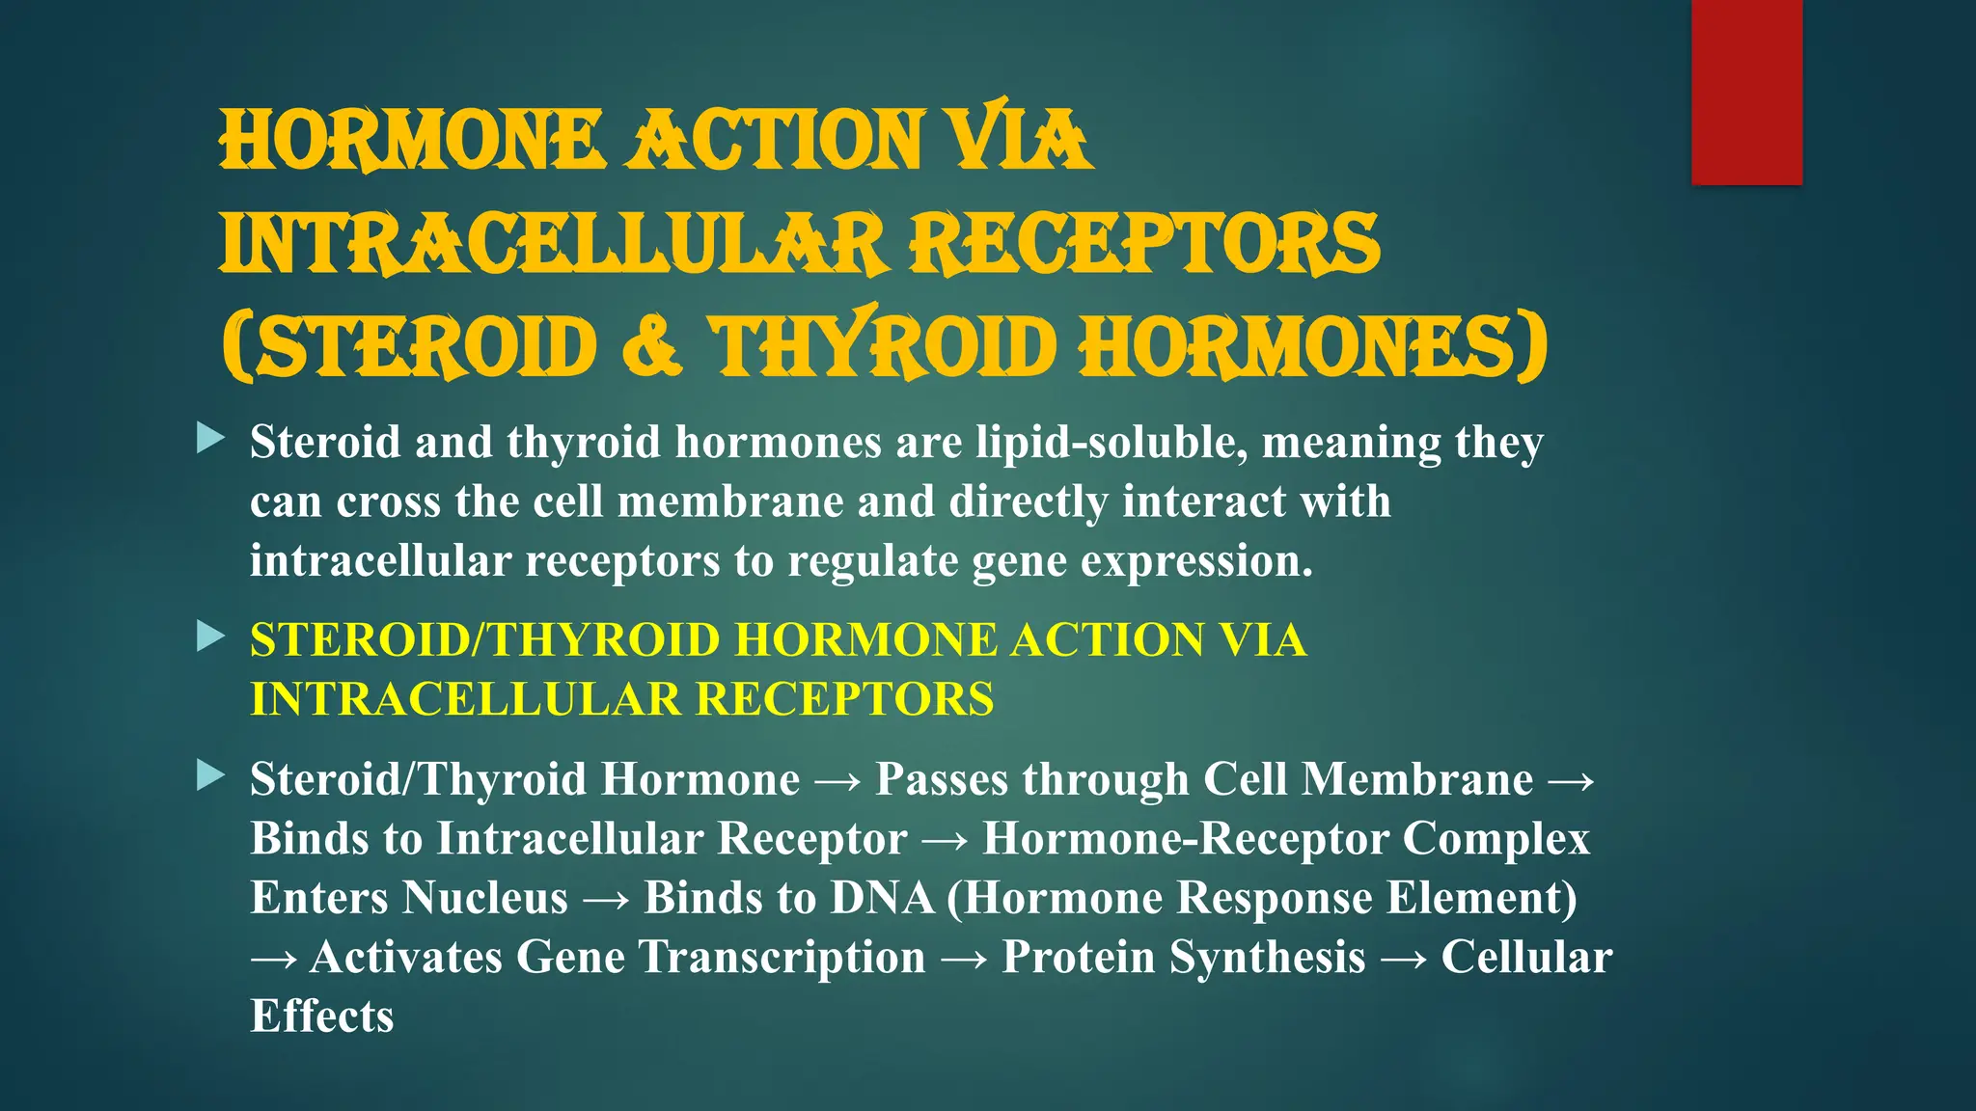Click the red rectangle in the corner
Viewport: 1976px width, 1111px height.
(x=1746, y=92)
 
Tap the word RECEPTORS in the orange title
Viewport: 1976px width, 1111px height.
(x=1146, y=243)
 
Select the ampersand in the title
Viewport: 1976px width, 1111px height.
(x=653, y=347)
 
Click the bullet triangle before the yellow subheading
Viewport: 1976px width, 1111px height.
(x=209, y=637)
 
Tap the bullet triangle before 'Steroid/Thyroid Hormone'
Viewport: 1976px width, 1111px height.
(x=209, y=774)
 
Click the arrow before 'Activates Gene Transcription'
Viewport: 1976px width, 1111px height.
(x=274, y=959)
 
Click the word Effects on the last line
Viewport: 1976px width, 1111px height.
(x=322, y=1016)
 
